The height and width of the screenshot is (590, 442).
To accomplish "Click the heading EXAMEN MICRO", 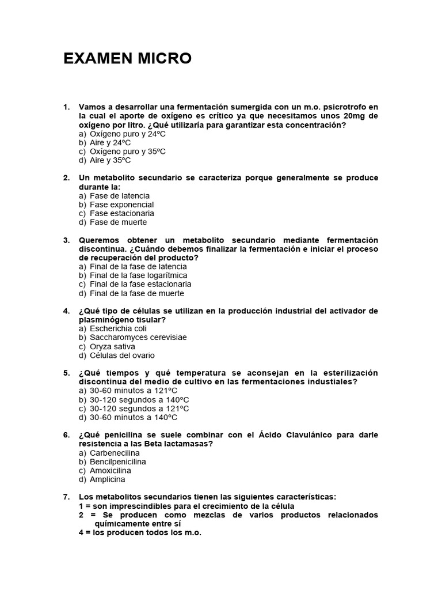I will (127, 59).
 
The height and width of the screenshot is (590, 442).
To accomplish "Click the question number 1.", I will (66, 107).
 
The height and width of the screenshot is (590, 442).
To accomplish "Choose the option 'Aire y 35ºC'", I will (110, 160).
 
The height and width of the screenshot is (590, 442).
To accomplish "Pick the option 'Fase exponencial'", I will (121, 205).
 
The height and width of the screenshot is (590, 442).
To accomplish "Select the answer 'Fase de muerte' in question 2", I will (118, 222).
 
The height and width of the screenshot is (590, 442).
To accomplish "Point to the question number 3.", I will (66, 240).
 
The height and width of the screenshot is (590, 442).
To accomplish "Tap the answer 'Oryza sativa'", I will (112, 346).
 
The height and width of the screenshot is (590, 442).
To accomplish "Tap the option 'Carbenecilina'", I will (115, 453).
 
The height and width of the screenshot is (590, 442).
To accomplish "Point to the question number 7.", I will (66, 497).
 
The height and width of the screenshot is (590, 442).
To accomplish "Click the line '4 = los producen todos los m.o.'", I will (140, 533).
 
